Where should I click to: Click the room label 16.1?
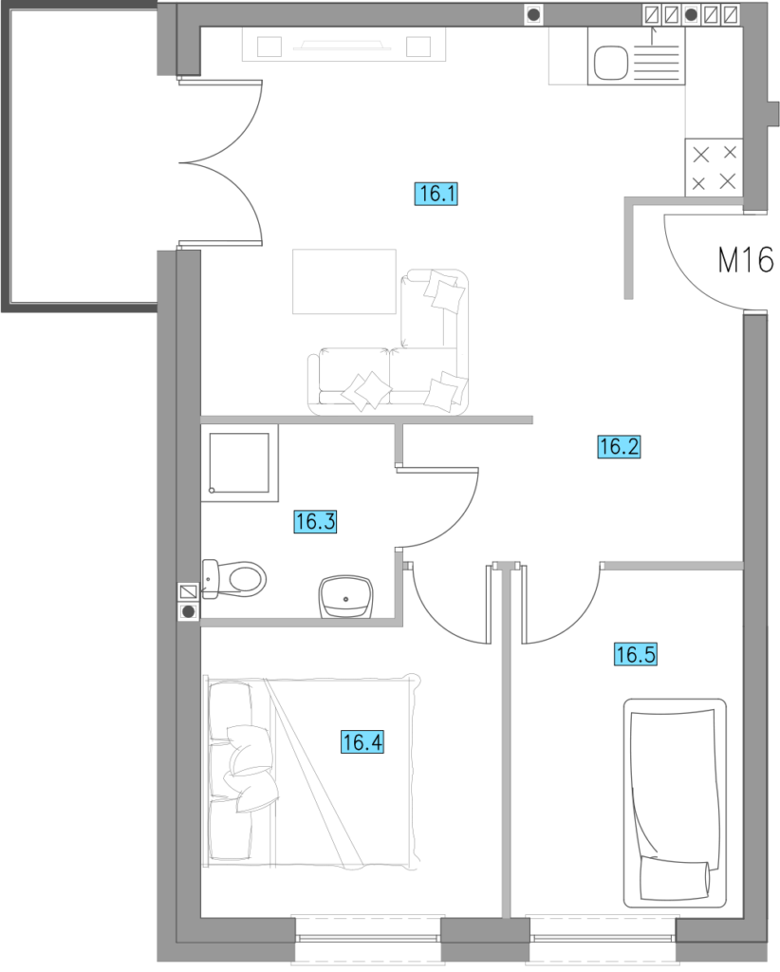[x=436, y=194]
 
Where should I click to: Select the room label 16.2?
[x=619, y=447]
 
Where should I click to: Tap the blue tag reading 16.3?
[x=315, y=521]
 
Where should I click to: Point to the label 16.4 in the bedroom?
[x=362, y=742]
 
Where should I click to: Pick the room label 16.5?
[x=636, y=655]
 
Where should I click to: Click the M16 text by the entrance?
[x=746, y=260]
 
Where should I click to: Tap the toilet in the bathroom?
[x=234, y=580]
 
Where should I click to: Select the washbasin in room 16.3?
[x=346, y=597]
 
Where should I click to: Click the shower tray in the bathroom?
[x=239, y=463]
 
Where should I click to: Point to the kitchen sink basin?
[x=611, y=64]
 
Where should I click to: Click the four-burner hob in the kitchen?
[x=714, y=167]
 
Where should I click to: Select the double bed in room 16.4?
[x=311, y=772]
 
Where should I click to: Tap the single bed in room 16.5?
[x=675, y=803]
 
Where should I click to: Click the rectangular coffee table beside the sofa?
[x=344, y=281]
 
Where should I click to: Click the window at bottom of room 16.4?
[x=368, y=939]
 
